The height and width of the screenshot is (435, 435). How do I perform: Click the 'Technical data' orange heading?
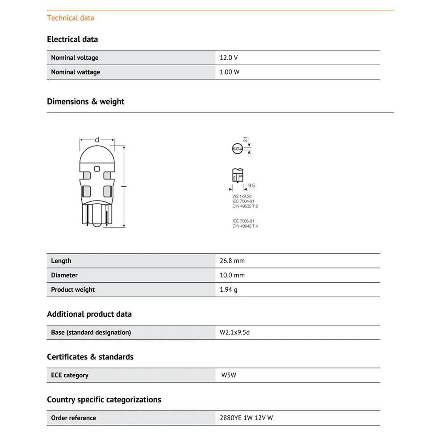pos(71,18)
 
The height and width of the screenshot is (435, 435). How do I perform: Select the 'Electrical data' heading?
pos(72,39)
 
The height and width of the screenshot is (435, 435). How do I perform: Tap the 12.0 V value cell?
pos(229,58)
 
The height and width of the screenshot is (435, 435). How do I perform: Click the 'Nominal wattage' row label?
pos(75,72)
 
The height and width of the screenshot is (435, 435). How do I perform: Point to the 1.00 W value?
pos(230,72)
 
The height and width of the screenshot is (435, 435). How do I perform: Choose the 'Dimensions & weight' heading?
pos(86,101)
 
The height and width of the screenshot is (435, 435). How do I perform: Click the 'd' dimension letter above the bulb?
pos(97,140)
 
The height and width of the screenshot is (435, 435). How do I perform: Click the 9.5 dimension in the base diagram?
pos(251,185)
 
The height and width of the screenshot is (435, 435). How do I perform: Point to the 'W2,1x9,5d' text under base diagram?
pos(242,196)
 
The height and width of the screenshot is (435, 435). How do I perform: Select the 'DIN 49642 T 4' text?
pos(245,226)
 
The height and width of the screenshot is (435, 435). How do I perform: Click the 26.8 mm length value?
pos(232,261)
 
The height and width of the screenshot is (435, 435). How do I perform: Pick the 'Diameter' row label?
pos(64,275)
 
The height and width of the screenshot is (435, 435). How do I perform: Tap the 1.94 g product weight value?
pos(229,289)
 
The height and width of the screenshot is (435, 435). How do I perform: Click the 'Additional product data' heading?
pos(89,314)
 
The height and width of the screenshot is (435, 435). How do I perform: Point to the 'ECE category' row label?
pos(70,375)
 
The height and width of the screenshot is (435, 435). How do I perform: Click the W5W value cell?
pos(229,375)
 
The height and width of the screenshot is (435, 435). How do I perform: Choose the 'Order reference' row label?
pos(74,418)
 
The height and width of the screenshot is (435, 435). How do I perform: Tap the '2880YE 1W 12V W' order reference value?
pos(247,418)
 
